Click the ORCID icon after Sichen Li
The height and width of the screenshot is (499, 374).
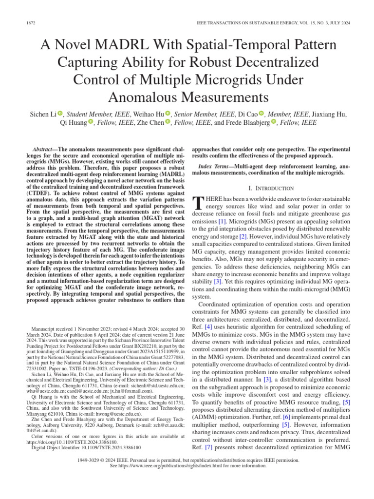[60, 114]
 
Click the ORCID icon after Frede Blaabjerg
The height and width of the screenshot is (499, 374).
[273, 123]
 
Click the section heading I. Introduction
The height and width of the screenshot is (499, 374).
[271, 188]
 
